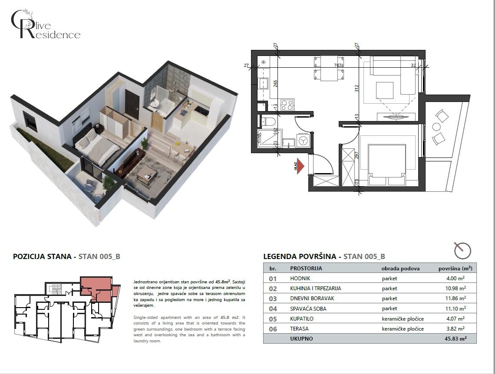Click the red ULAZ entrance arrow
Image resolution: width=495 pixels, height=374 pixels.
(300, 167)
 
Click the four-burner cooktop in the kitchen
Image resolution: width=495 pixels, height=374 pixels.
(287, 105)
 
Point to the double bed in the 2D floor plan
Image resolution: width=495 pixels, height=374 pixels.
(386, 161)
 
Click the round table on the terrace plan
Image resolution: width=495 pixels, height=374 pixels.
(436, 127)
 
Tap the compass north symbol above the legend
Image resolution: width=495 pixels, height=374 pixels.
(462, 250)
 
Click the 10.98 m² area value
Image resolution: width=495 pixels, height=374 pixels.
(456, 289)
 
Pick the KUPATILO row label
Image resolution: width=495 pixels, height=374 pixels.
(302, 319)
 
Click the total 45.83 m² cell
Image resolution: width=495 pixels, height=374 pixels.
(456, 339)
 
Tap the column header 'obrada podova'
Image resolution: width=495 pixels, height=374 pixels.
(400, 269)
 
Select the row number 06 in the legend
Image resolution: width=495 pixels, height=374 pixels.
(273, 329)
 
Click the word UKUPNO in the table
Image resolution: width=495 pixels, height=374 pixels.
(301, 339)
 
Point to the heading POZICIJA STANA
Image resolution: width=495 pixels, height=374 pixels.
(43, 256)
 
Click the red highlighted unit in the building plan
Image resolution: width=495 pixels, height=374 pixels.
(98, 289)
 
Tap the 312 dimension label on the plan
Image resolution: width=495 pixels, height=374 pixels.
(356, 89)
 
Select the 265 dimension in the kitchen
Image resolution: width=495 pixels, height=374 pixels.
(275, 83)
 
